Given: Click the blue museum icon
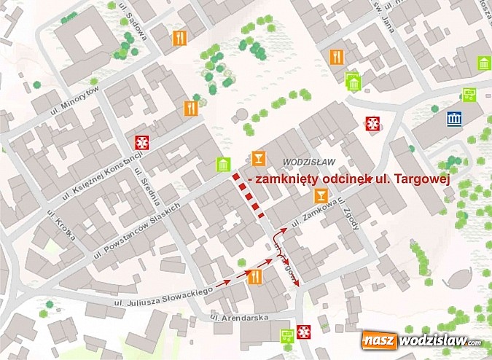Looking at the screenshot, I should pos(455,119).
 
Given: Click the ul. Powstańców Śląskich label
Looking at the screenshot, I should pos(136,225).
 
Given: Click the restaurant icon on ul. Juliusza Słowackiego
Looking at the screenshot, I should pos(255,277).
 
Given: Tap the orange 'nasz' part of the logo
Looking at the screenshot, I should pos(380,340).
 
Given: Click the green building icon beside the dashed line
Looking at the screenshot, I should pos(222,165).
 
